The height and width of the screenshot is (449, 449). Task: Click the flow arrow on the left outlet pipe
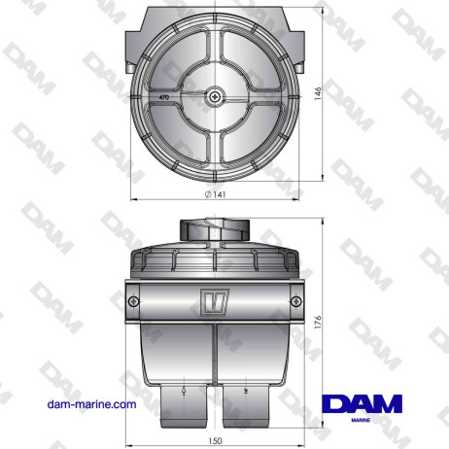click(x=182, y=390)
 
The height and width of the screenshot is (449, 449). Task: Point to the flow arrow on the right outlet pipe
click(x=247, y=390)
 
